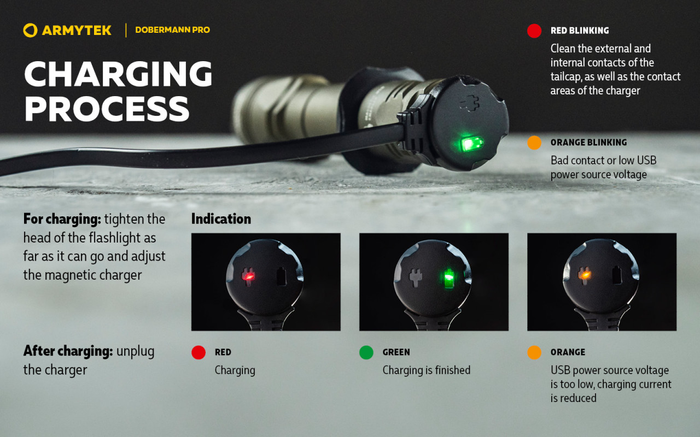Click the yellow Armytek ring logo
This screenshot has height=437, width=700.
coord(30,30)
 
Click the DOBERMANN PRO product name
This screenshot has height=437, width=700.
coord(172,30)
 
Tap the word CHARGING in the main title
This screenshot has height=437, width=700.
coord(118,74)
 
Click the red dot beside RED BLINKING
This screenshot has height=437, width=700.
coord(534,31)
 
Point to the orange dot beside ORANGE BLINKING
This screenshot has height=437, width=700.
coord(534,143)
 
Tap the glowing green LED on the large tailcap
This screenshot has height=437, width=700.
coord(471,144)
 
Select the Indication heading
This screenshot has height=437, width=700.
coord(221,219)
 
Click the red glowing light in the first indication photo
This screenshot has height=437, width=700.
coord(248,276)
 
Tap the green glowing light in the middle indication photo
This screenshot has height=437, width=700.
coord(449,277)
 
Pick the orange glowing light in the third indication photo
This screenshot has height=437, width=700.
coord(584,275)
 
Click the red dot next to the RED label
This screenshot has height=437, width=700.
coord(199,352)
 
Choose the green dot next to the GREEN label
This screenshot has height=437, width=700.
coord(366,352)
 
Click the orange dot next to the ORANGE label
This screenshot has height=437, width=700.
coord(534,352)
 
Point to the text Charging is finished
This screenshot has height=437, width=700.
coord(426,370)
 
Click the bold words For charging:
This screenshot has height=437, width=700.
coord(62,220)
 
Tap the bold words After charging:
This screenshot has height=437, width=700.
coord(68,351)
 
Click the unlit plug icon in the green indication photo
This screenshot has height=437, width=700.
coord(416,277)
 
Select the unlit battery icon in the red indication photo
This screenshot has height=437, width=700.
coord(281,276)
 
